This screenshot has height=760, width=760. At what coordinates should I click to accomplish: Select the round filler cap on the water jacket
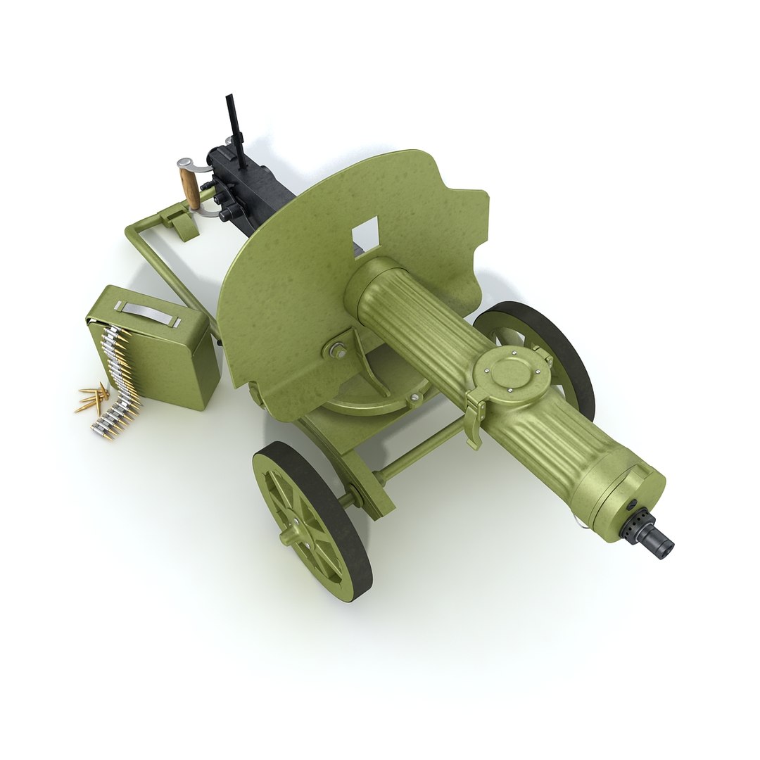[512, 372]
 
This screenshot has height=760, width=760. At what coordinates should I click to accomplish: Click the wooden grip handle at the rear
[189, 188]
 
